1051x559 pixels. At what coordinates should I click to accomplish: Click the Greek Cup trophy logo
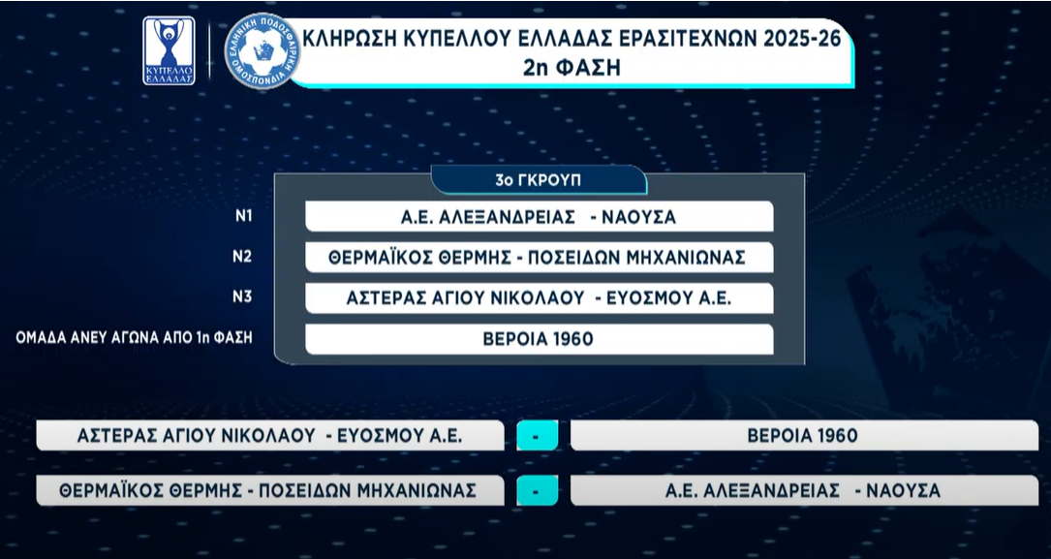tap(169, 51)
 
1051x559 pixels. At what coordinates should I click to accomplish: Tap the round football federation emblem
tap(263, 51)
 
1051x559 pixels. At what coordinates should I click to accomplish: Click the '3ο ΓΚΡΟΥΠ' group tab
tap(539, 180)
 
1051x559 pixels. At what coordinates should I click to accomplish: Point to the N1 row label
tap(243, 216)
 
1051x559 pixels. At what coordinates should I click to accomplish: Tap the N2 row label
tap(242, 257)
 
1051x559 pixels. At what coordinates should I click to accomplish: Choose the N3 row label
tap(242, 296)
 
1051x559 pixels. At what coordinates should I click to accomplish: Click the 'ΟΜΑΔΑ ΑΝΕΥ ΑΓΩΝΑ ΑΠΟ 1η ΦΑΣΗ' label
tap(134, 338)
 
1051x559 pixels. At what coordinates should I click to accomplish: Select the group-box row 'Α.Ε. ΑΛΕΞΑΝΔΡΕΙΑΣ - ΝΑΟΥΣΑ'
tap(539, 216)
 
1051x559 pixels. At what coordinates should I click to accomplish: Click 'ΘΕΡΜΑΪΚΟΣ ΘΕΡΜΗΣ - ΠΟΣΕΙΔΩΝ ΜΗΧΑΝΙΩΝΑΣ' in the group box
tap(539, 258)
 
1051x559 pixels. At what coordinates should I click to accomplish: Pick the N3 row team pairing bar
tap(539, 298)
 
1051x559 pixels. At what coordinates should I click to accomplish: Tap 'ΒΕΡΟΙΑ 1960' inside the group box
tap(539, 339)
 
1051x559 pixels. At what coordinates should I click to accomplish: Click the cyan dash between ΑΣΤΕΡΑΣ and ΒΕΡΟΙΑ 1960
tap(537, 436)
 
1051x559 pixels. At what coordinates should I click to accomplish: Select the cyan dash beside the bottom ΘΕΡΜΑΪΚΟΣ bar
tap(537, 490)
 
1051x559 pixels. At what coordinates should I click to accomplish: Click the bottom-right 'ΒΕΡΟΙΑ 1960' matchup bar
tap(804, 436)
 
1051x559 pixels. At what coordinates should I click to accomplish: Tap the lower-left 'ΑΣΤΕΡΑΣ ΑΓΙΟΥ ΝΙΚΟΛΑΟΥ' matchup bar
tap(270, 436)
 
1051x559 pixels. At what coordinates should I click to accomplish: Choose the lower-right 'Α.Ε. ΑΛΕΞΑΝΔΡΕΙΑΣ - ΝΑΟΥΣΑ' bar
tap(804, 490)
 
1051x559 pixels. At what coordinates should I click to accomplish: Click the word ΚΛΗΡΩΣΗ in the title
tap(352, 39)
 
